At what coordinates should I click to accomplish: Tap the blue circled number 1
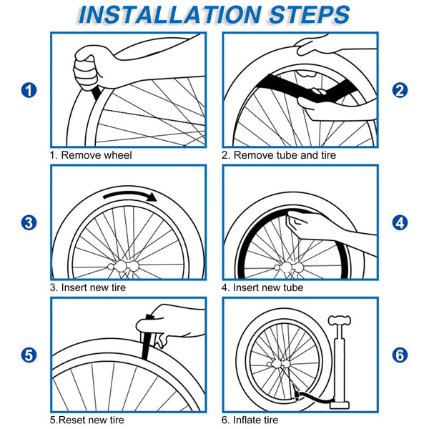click(28, 90)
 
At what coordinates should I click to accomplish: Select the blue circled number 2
click(400, 90)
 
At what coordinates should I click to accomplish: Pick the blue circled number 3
click(28, 222)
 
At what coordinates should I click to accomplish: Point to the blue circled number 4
click(400, 222)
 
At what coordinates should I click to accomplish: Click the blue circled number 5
click(28, 355)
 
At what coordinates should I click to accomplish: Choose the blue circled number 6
click(400, 355)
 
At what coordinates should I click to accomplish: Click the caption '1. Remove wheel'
click(91, 154)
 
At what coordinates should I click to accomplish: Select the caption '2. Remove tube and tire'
click(279, 154)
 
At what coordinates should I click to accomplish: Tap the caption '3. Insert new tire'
click(97, 287)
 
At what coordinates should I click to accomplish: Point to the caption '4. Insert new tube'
click(262, 287)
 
